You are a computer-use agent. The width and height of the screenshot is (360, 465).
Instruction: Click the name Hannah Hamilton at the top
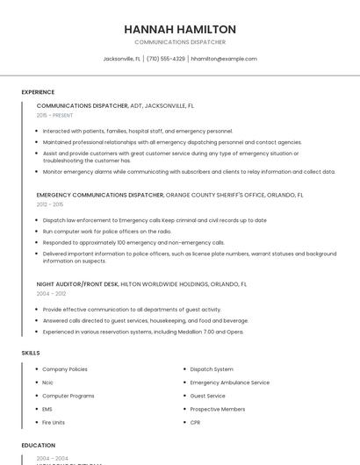click(180, 29)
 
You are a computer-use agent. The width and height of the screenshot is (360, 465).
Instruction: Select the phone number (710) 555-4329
click(165, 59)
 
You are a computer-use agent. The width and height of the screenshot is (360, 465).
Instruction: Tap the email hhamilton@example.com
click(224, 59)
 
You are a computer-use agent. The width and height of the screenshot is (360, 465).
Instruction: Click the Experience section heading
click(38, 92)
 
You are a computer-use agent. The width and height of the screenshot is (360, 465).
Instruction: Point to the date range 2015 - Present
click(55, 115)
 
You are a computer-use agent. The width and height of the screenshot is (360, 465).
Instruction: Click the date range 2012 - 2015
click(50, 204)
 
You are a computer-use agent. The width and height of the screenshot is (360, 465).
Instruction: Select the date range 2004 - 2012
click(50, 294)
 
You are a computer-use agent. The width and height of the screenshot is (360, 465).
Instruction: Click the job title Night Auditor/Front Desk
click(77, 284)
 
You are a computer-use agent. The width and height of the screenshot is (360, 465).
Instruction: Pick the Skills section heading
click(31, 353)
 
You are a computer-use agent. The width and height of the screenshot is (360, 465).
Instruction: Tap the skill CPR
click(196, 422)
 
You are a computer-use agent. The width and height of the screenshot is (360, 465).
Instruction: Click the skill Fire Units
click(54, 422)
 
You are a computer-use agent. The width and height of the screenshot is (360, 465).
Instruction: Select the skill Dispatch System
click(212, 369)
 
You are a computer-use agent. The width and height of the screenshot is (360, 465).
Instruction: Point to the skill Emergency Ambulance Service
click(229, 383)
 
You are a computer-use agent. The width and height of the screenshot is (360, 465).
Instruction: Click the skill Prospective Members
click(218, 409)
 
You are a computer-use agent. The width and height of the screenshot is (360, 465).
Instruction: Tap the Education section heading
click(38, 446)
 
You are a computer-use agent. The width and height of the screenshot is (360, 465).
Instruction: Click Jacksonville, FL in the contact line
click(122, 59)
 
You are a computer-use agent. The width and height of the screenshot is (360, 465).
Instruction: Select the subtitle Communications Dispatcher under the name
click(180, 42)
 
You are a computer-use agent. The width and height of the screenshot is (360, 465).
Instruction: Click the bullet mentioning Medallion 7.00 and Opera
click(143, 332)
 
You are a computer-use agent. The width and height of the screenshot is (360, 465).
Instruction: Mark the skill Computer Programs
click(68, 396)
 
